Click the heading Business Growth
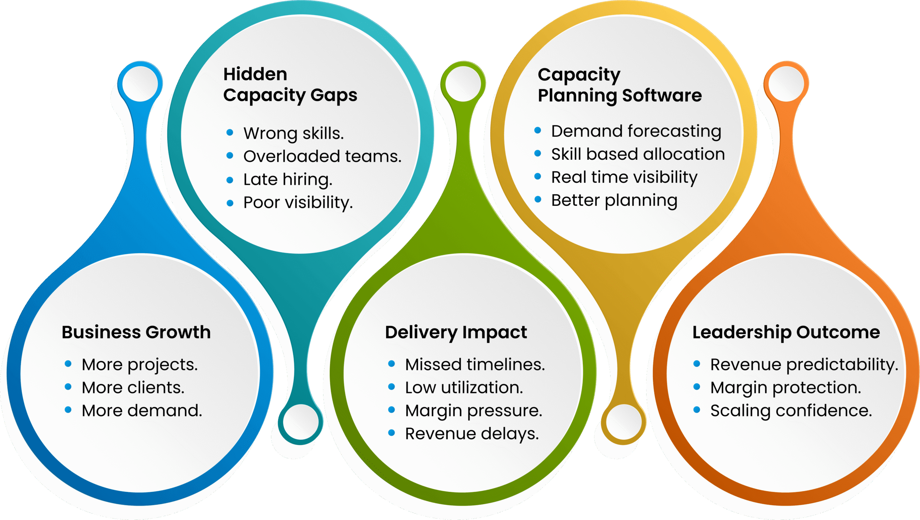click(136, 332)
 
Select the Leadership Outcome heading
click(786, 333)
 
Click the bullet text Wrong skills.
click(294, 133)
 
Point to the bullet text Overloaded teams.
click(322, 156)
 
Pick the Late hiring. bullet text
click(288, 180)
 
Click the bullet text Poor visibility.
click(298, 203)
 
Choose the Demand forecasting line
click(636, 131)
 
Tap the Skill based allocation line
click(638, 154)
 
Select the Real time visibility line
click(625, 177)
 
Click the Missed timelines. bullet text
click(475, 365)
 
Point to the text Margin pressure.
click(474, 411)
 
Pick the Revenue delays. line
click(472, 434)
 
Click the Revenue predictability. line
click(804, 365)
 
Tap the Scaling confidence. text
click(791, 411)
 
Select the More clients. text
click(133, 388)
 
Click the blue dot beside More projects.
click(68, 363)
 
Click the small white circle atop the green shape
click(463, 84)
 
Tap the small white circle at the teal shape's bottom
click(301, 422)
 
